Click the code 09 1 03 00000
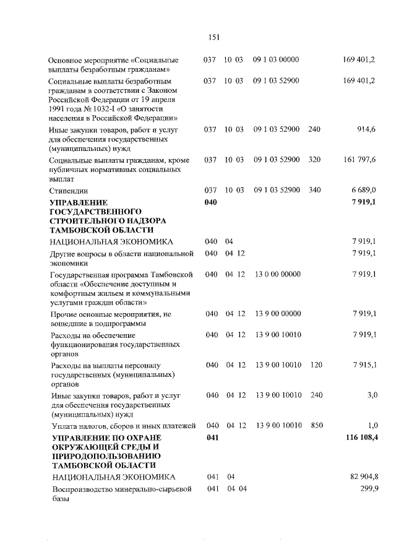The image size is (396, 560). point(276,60)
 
